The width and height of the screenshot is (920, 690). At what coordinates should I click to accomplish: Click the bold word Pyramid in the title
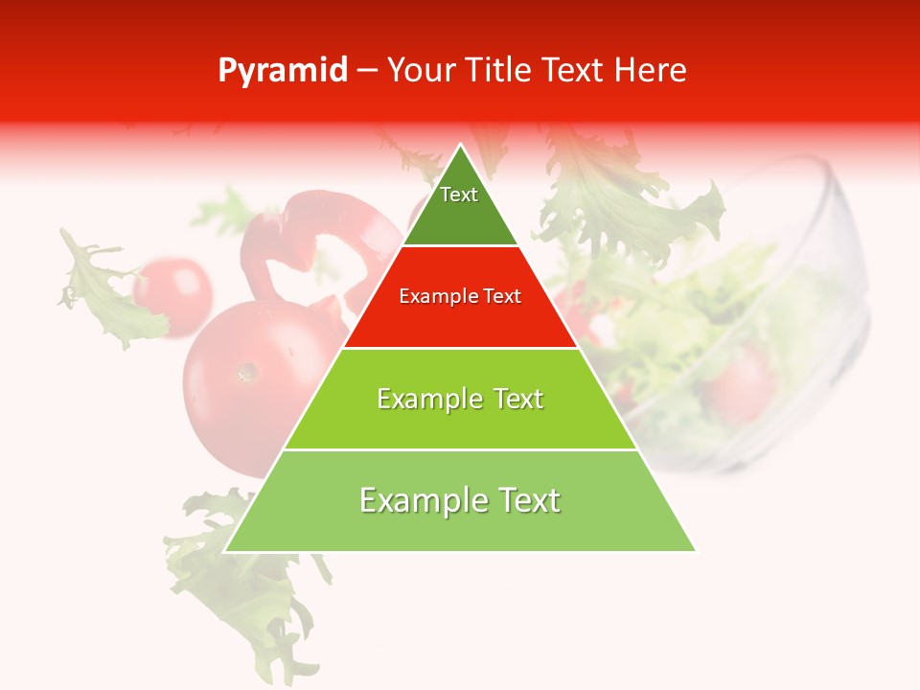282,71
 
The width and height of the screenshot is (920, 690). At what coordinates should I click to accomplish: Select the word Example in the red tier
432,296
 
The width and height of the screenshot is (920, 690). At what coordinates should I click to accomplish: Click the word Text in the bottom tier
523,500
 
